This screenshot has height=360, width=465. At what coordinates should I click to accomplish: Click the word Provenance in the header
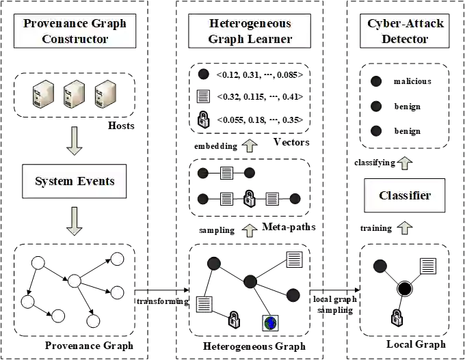click(51, 23)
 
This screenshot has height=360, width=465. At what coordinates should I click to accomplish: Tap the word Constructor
click(75, 38)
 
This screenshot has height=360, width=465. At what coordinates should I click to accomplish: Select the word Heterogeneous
click(250, 23)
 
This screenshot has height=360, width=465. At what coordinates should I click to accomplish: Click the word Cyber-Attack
click(406, 23)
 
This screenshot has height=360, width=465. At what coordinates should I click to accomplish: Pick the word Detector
click(406, 38)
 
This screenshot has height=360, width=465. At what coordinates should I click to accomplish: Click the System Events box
click(75, 182)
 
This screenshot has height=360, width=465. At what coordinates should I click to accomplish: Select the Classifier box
click(405, 196)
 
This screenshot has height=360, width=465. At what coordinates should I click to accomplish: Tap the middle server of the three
click(75, 94)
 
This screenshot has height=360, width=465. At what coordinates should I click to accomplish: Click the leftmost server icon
click(43, 94)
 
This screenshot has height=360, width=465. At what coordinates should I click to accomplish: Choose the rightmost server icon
click(105, 94)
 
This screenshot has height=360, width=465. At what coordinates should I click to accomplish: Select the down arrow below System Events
click(75, 221)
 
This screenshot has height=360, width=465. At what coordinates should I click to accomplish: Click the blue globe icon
click(271, 322)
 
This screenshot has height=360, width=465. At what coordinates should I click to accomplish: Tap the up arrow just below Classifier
click(405, 227)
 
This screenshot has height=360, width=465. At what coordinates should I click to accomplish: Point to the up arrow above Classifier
click(405, 163)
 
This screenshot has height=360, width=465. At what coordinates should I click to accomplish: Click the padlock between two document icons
click(250, 199)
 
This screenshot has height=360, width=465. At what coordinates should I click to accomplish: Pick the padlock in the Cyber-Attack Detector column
click(397, 318)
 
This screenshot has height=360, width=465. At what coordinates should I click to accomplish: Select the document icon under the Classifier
click(428, 266)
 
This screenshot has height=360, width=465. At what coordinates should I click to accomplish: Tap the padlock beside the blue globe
click(234, 319)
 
